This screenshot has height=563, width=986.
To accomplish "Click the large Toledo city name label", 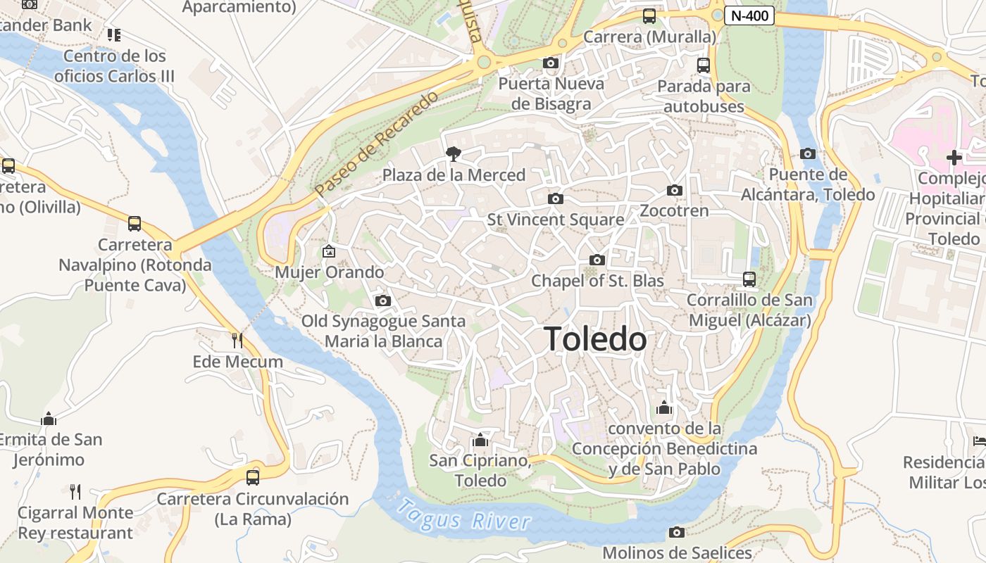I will click(595, 339).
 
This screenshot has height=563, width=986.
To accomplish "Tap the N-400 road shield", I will click(749, 15).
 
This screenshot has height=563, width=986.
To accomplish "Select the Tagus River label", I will click(463, 515).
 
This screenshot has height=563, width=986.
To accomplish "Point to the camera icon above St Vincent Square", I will click(556, 198).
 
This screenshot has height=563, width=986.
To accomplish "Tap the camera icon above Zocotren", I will click(675, 190).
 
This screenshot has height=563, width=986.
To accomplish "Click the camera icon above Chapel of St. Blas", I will click(597, 260).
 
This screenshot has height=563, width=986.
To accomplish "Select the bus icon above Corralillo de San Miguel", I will click(749, 279).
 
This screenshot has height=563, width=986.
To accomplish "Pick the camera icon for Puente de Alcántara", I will click(808, 153).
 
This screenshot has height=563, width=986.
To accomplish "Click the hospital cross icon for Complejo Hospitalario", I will click(954, 158).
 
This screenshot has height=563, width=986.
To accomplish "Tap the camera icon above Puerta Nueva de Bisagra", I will click(551, 63).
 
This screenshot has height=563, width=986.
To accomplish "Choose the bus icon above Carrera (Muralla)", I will click(649, 15).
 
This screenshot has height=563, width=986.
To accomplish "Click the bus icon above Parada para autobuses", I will click(703, 65).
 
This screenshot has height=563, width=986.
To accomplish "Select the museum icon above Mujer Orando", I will click(328, 251).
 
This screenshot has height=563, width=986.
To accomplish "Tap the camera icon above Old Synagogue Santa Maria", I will click(383, 301).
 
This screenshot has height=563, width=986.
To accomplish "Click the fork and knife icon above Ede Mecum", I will click(237, 341).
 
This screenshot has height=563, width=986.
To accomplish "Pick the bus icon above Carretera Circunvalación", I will click(252, 477).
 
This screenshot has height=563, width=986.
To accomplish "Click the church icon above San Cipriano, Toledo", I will click(480, 440).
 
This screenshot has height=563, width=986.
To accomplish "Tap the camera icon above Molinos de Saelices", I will click(677, 532).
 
